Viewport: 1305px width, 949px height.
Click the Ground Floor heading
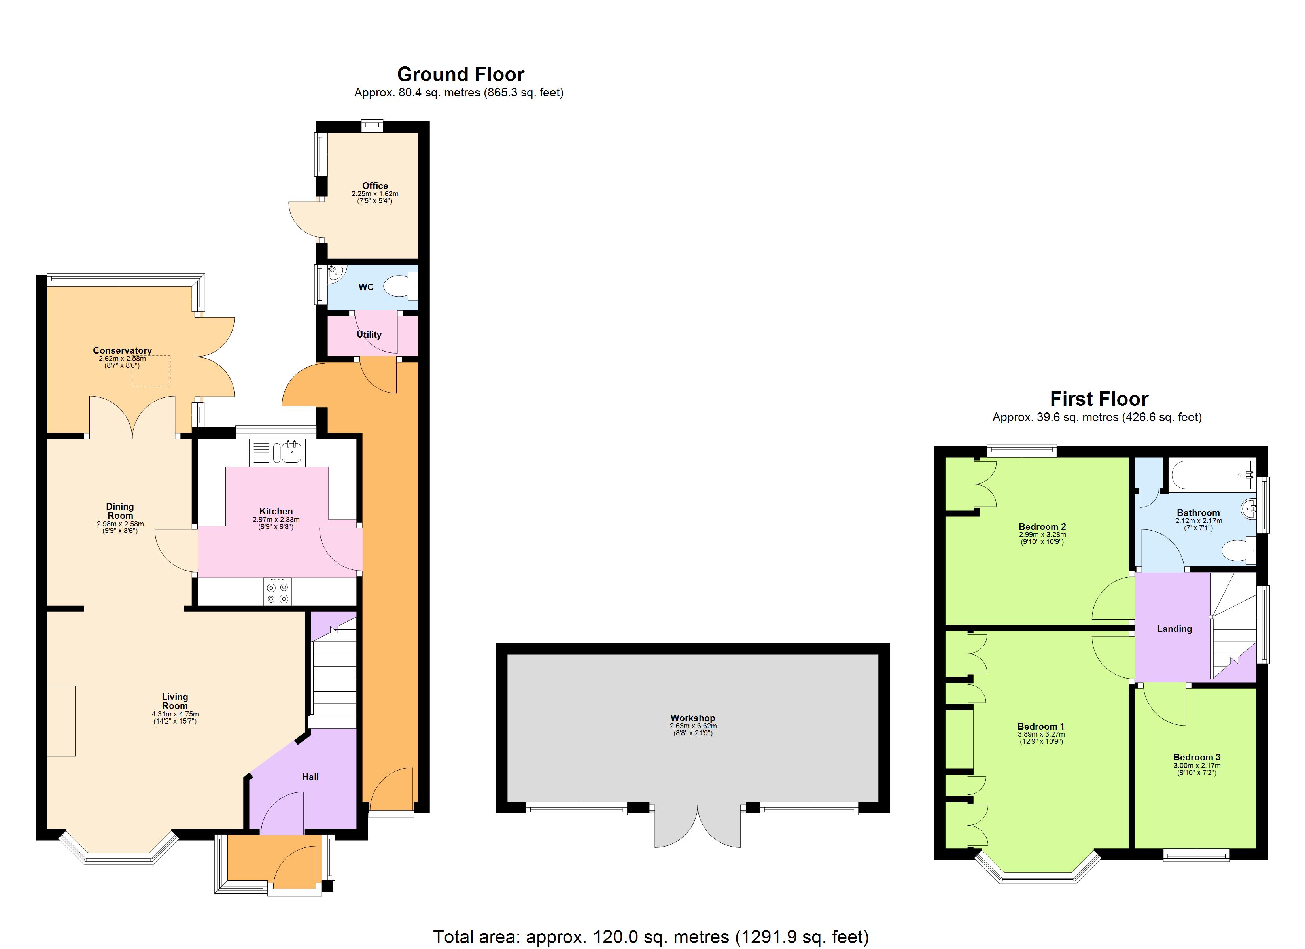click(460, 75)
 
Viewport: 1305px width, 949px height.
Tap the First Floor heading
click(1099, 399)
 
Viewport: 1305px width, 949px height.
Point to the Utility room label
click(369, 335)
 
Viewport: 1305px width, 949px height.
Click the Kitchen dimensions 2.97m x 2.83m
click(276, 520)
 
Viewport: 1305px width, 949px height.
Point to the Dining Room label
click(120, 511)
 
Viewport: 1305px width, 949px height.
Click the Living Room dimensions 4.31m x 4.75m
click(175, 714)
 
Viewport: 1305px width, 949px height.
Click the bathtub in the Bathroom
click(1212, 475)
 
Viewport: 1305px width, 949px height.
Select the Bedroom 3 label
click(1197, 757)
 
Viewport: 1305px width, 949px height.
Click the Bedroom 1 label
click(1041, 726)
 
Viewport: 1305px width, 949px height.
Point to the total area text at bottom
click(651, 937)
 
